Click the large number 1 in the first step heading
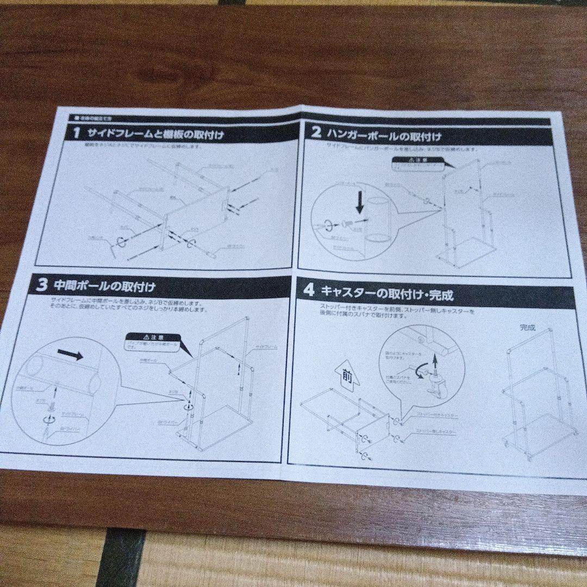[x=77, y=132]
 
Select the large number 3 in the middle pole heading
[x=42, y=285]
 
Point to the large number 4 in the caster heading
[x=309, y=290]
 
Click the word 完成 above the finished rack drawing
[x=527, y=328]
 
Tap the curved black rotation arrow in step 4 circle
[x=419, y=370]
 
